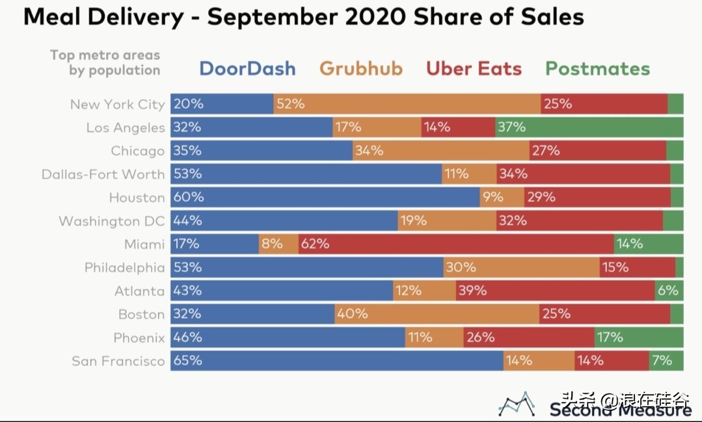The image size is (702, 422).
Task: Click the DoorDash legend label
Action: coord(247,68)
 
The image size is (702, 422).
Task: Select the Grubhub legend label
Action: coord(361,68)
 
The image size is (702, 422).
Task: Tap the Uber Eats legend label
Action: coord(474,68)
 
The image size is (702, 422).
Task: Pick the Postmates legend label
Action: coord(597,68)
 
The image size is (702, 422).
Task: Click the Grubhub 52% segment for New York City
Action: coord(407,104)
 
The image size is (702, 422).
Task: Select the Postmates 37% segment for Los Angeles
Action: coord(589,127)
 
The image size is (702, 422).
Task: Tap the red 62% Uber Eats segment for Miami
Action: coord(456,244)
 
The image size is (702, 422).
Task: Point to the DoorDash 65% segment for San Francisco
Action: coord(336,360)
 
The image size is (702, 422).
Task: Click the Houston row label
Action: coord(137,197)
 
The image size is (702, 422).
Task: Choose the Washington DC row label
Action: coord(111,221)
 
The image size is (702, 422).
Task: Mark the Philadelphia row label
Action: coord(124,268)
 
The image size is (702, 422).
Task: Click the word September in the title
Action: coord(272,17)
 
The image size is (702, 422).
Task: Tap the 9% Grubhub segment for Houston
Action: coord(502,197)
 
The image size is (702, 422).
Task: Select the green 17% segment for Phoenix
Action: coord(638,337)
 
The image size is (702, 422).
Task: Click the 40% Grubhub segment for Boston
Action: coord(437,314)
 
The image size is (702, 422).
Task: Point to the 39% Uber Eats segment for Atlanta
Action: coord(555,290)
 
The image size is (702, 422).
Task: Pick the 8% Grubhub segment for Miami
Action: coord(278,244)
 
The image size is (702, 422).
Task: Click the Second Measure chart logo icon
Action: coord(517,404)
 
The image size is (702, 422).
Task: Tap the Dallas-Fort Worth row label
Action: coord(103,174)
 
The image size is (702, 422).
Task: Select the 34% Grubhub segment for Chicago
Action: coord(440,150)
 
